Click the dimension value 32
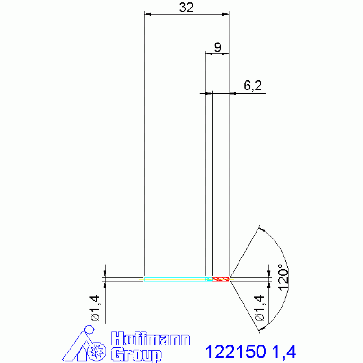click(186, 8)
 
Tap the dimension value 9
click(217, 47)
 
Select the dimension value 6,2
click(253, 85)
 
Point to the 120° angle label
click(283, 277)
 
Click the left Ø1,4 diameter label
click(95, 308)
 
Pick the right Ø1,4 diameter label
click(259, 308)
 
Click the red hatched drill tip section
click(221, 279)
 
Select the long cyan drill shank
click(175, 279)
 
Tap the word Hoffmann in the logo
click(151, 339)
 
